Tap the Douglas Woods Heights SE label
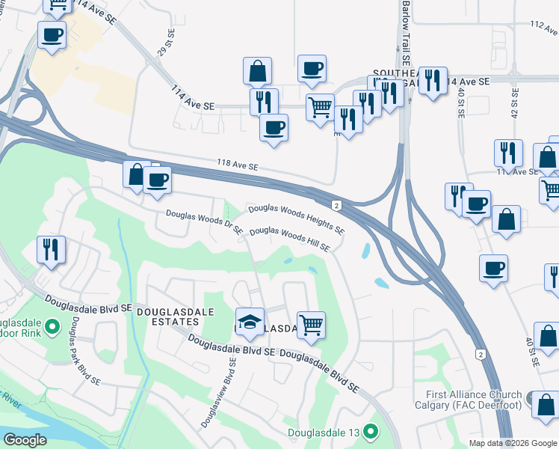[x=296, y=218]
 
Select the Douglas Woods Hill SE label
[x=289, y=239]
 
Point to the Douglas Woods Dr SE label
[x=204, y=222]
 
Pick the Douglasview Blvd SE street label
[x=219, y=392]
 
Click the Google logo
[x=25, y=439]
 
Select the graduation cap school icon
[x=250, y=323]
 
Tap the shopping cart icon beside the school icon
[x=311, y=325]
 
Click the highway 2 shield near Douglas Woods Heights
[x=338, y=205]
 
